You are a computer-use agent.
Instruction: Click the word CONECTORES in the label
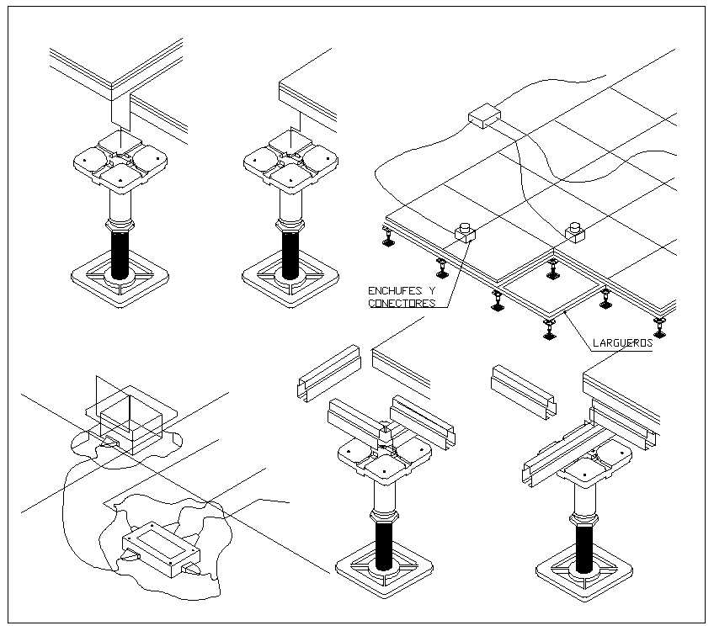pyautogui.click(x=402, y=303)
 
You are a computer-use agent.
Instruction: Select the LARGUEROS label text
pyautogui.click(x=623, y=343)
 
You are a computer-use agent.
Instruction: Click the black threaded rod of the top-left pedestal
pyautogui.click(x=121, y=252)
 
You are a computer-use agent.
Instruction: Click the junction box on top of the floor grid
pyautogui.click(x=482, y=116)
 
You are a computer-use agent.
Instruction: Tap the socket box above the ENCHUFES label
pyautogui.click(x=465, y=232)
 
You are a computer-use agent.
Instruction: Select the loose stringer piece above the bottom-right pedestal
pyautogui.click(x=524, y=392)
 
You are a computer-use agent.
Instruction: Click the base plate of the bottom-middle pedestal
pyautogui.click(x=384, y=573)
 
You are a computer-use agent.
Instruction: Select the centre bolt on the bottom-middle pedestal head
pyautogui.click(x=385, y=431)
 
